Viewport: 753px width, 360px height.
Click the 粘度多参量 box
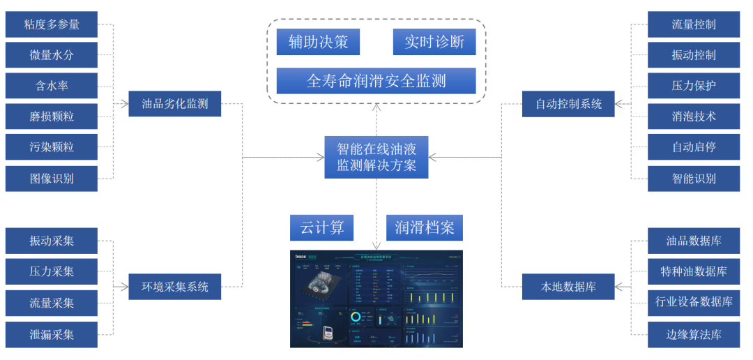[52, 24]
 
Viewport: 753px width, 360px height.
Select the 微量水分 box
[52, 55]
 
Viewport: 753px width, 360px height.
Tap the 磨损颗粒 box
[52, 117]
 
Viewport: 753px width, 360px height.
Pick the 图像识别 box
[52, 179]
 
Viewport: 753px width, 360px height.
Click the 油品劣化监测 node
[174, 104]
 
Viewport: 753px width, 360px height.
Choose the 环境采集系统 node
[174, 287]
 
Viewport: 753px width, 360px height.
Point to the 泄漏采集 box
[52, 334]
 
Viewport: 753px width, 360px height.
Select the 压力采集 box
[52, 271]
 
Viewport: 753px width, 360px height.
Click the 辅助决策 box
[317, 42]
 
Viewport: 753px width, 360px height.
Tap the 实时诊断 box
[434, 42]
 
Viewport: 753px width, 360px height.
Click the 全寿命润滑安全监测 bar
[376, 81]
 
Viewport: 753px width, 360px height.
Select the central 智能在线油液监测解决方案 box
[376, 157]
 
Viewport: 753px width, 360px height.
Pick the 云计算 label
[321, 227]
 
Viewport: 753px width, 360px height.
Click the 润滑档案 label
[424, 227]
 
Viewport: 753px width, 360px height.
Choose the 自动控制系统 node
[568, 104]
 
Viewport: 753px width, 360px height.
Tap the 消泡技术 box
[694, 117]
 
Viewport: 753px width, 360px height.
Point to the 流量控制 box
[694, 24]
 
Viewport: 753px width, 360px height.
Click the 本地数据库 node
[568, 287]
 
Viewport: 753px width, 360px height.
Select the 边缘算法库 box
[694, 334]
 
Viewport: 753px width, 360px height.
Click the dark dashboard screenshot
[376, 299]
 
